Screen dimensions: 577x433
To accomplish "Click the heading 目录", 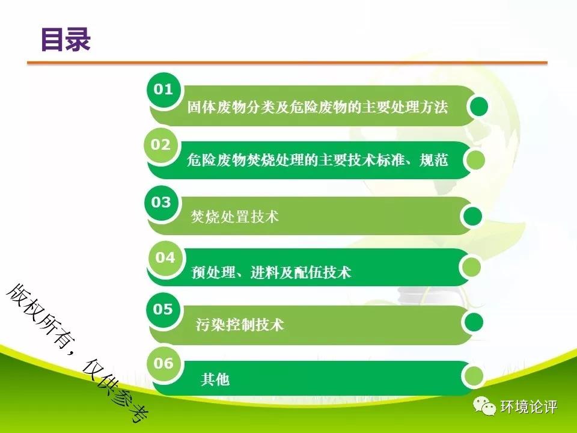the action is (x=66, y=39).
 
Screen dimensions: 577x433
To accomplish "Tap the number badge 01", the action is (x=163, y=90).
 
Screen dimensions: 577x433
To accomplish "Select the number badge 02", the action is (x=160, y=145).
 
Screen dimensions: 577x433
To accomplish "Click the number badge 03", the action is (x=161, y=202).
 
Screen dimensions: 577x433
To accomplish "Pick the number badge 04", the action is (x=165, y=258).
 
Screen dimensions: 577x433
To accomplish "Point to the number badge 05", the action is (x=163, y=309).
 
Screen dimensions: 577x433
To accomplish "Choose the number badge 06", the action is (x=163, y=364).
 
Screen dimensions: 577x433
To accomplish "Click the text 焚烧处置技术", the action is (x=235, y=216).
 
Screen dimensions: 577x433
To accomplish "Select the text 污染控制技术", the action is (x=240, y=324).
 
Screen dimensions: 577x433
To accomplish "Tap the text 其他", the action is (x=215, y=379).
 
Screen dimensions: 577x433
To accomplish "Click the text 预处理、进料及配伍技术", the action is (x=271, y=272).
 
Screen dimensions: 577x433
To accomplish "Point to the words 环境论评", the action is (x=528, y=407).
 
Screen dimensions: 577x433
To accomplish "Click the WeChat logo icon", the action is (x=484, y=406).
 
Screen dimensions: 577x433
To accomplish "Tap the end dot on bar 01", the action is (x=478, y=106).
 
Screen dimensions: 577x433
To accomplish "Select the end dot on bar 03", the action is (x=472, y=216).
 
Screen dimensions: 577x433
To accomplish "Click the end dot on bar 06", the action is (x=473, y=376).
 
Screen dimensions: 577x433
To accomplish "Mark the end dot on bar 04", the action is (x=471, y=266).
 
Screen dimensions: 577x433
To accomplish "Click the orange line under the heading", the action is (x=287, y=63).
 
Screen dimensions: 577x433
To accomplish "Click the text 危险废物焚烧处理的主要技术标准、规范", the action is (x=317, y=160).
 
